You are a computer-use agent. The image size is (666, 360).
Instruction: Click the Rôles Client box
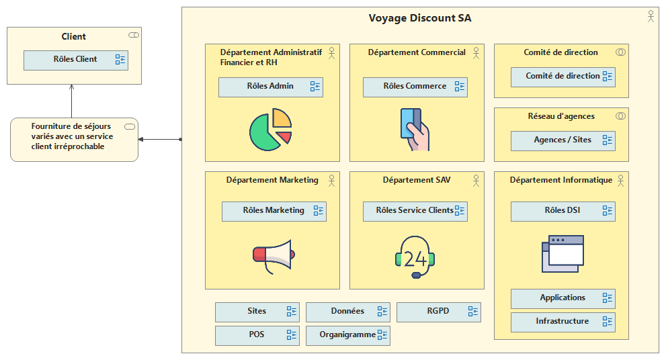pos(75,60)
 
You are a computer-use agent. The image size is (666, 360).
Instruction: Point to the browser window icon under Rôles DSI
pos(563,253)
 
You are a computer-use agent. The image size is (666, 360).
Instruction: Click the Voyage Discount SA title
pos(419,18)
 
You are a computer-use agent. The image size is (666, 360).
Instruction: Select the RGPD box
pos(438,312)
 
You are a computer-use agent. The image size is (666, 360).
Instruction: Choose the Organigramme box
pos(347,335)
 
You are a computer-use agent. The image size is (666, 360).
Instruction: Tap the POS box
pos(257,335)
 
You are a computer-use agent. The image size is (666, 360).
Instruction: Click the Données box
pos(347,312)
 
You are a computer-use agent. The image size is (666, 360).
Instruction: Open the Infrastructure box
pos(563,322)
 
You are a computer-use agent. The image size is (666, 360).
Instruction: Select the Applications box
pos(563,298)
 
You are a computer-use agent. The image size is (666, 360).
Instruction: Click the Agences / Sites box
pos(563,140)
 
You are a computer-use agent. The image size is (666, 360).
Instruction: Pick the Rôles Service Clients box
pos(415,211)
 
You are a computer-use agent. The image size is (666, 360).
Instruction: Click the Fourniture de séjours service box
pos(74,139)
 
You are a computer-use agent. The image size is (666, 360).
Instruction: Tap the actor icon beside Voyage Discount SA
pos(650,17)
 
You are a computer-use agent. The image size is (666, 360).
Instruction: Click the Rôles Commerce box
pos(415,87)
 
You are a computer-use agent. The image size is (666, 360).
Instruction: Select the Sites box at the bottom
pos(257,312)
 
